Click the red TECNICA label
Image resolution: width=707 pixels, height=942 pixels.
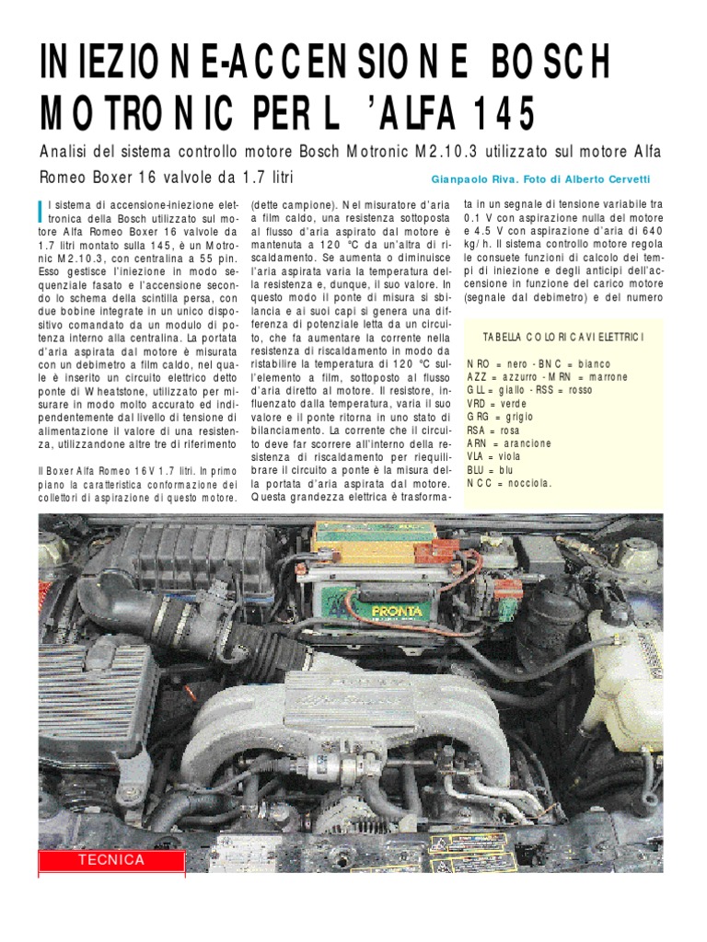111,860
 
